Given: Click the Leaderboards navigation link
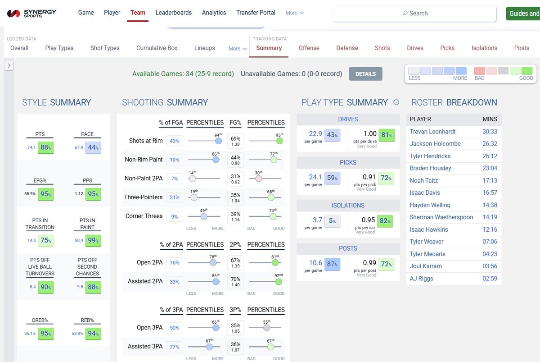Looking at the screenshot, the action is (173, 13).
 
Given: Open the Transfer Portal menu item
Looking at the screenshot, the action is (256, 13).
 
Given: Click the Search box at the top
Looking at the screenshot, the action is (414, 13).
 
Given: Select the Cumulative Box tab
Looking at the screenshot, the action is (157, 48).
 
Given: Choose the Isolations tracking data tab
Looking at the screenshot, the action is (484, 48).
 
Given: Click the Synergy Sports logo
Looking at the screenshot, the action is (31, 13).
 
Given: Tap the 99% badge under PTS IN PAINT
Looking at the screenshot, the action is (93, 241).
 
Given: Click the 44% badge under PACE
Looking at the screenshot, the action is (93, 147).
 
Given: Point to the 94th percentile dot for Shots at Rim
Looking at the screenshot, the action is (218, 141).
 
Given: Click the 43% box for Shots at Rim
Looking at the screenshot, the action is (175, 141).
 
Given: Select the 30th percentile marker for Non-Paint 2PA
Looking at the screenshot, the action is (258, 179).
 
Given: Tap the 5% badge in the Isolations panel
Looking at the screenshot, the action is (332, 221).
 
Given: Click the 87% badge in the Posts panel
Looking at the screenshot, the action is (332, 264).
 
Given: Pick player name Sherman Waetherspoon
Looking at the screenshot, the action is (441, 217).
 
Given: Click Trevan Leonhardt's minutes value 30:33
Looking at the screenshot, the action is (490, 132).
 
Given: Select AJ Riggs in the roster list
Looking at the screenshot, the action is (421, 279).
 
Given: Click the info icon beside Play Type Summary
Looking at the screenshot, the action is (396, 102).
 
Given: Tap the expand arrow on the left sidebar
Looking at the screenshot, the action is (9, 66).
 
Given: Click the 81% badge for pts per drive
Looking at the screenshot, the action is (387, 135).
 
